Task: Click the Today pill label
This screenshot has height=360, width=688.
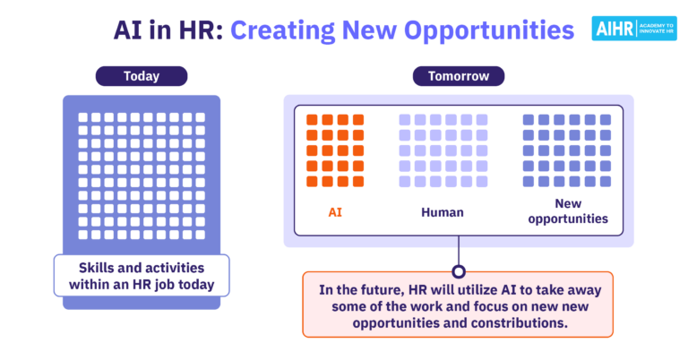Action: coord(141,76)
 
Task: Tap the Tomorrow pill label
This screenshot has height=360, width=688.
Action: coord(458,76)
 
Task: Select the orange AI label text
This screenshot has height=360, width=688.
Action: coord(334,213)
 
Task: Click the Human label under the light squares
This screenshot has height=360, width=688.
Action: coord(443,213)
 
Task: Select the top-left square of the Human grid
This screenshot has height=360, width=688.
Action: coord(405,120)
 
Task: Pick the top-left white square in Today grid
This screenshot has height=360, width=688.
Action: coord(83,117)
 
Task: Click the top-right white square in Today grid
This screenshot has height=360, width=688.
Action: coord(200,117)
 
